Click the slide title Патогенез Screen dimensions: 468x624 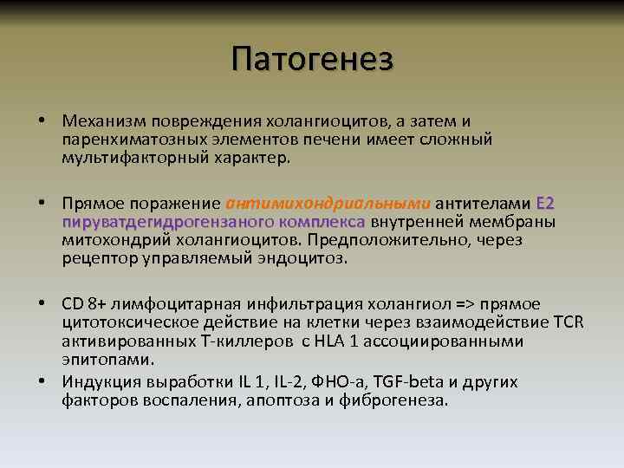[312, 59]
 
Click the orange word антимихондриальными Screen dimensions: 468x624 [328, 204]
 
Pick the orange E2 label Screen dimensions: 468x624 [546, 204]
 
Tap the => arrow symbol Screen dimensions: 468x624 [439, 303]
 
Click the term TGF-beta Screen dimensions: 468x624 [408, 380]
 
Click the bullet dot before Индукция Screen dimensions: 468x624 [42, 380]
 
